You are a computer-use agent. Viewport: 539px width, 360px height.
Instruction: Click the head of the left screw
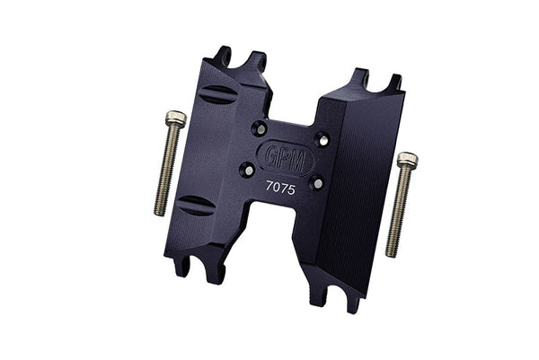176,118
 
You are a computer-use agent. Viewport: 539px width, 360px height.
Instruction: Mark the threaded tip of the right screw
393,250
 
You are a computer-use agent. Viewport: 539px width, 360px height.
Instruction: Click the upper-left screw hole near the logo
260,127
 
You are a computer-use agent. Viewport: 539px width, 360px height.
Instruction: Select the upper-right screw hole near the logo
322,139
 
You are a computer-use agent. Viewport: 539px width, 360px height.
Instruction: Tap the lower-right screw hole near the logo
315,182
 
